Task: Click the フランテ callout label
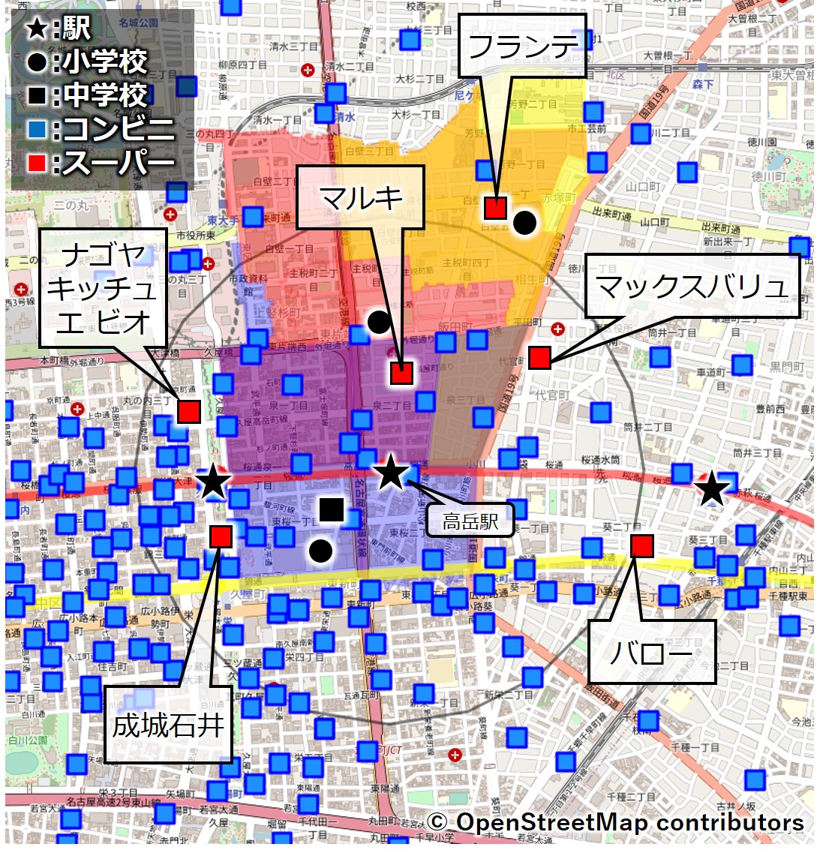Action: tap(522, 46)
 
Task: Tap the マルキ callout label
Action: tap(361, 198)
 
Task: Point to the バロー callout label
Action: tap(650, 652)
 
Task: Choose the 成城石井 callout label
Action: tap(168, 725)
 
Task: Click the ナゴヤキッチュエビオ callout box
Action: tap(103, 288)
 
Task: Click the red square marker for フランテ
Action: tap(495, 208)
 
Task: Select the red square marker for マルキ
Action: tap(401, 373)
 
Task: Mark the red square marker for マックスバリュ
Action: tap(539, 358)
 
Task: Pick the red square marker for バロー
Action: tap(641, 545)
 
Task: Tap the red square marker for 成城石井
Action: tap(221, 536)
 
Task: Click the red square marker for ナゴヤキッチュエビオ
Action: tap(189, 411)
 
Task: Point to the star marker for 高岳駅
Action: tap(390, 473)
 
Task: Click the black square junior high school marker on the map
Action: tap(331, 509)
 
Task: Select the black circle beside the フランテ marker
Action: tap(524, 222)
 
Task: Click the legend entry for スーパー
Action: tap(101, 162)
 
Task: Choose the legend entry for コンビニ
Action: tap(101, 129)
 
